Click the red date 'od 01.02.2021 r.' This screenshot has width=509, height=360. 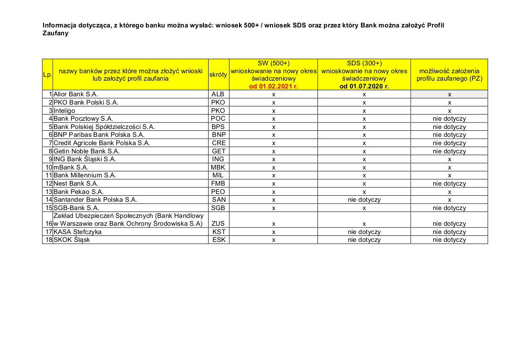click(273, 86)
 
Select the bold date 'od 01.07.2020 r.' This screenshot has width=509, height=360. click(364, 86)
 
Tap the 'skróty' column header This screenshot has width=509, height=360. click(219, 75)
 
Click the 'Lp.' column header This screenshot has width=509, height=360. click(47, 75)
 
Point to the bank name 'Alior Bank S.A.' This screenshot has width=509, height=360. click(75, 94)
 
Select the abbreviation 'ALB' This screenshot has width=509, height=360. click(218, 94)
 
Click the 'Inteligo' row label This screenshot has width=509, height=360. click(64, 111)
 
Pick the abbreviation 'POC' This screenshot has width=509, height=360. click(218, 119)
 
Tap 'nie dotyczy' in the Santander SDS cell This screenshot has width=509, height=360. click(364, 200)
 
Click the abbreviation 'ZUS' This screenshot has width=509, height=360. click(218, 224)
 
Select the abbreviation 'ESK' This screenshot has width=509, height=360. click(218, 240)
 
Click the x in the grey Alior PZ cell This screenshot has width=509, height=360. click(449, 95)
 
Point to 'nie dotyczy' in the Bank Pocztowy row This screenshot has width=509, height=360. click(449, 119)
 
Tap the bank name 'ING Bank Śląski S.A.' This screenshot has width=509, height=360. click(85, 159)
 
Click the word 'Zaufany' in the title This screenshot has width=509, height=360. click(55, 33)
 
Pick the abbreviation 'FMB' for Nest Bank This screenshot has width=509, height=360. click(218, 183)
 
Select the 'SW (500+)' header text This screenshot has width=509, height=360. click(273, 63)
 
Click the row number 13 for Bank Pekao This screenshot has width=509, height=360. click(49, 192)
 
